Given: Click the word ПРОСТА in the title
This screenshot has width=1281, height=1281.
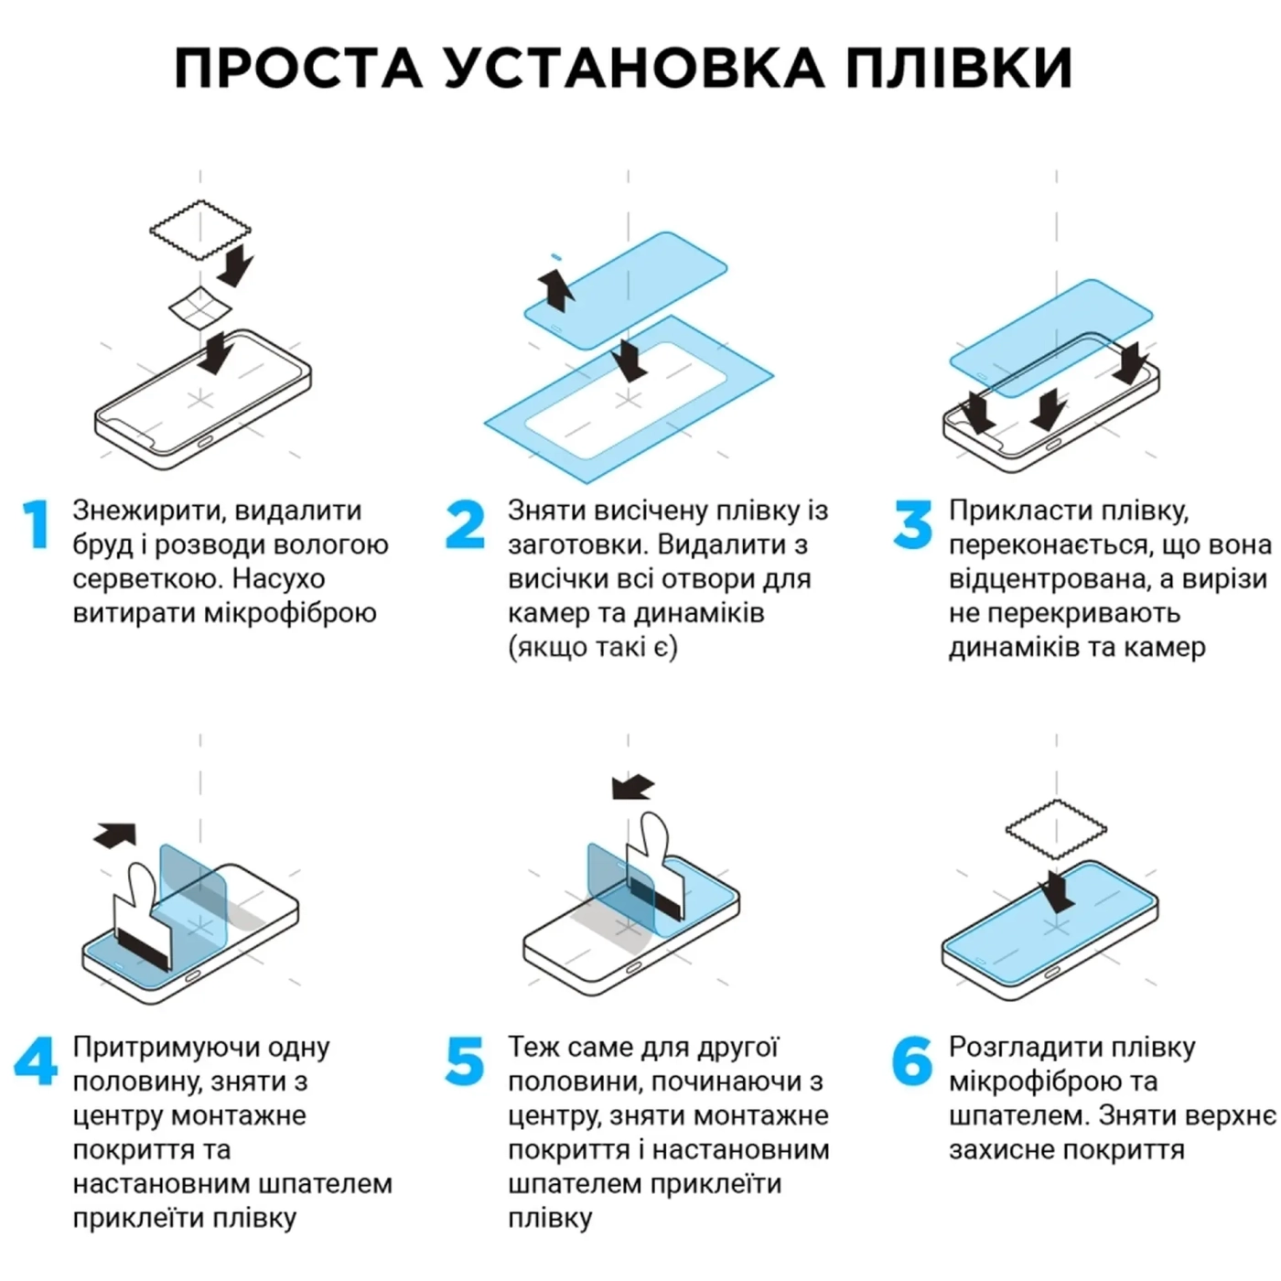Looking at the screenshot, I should pos(298,68).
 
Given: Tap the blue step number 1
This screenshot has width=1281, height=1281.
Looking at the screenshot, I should pos(37,525).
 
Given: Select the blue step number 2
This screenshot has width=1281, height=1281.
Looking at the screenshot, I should pos(465,525).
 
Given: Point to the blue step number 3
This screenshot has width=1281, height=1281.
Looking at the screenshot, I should pos(912,525).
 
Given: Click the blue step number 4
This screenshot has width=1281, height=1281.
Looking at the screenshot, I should pos(36,1061).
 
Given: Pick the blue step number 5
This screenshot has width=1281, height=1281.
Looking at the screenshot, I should pos(465,1061).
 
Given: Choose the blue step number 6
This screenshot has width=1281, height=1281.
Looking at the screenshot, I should pos(912,1061).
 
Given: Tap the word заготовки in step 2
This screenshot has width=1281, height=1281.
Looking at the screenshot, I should pos(577,545).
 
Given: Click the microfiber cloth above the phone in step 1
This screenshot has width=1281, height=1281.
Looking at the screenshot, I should pos(200,229).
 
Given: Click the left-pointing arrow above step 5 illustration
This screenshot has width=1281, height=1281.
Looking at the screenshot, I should pos(633,787).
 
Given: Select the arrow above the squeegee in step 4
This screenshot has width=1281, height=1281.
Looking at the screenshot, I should pos(115,834).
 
